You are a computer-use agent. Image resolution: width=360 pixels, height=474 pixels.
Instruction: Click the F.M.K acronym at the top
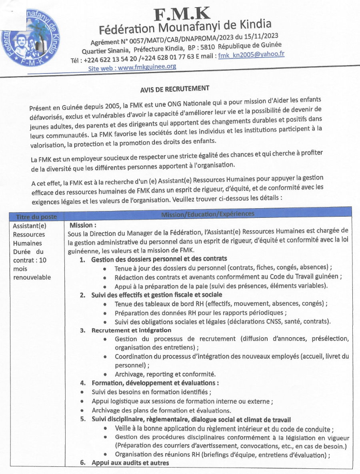(182, 14)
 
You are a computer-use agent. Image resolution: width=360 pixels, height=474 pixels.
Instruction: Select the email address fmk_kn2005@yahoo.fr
(251, 55)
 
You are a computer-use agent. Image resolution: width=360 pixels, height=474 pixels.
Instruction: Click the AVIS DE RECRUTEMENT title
(174, 89)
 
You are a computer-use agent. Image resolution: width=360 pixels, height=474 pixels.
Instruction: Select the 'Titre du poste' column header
(36, 217)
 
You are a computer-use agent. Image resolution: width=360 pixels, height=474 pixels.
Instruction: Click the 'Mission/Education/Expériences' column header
(208, 214)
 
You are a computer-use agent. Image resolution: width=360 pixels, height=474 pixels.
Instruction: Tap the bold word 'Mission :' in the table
(83, 225)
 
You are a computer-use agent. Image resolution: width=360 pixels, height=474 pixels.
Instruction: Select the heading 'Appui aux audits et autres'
(130, 463)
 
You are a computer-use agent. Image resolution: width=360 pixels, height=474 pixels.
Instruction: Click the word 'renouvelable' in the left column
(32, 277)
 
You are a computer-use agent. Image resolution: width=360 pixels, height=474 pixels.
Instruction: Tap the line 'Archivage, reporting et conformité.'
(165, 374)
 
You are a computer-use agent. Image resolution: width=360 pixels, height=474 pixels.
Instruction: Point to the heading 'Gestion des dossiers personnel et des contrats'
(159, 259)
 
